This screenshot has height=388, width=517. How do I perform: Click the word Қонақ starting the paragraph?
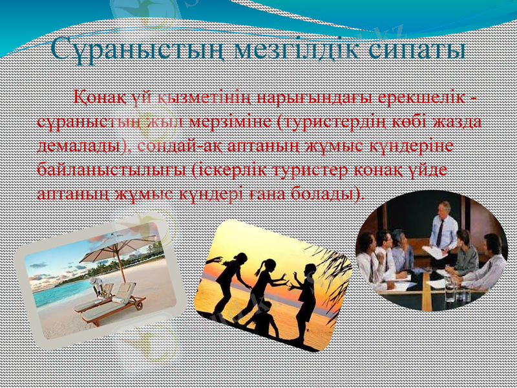click(x=96, y=98)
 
